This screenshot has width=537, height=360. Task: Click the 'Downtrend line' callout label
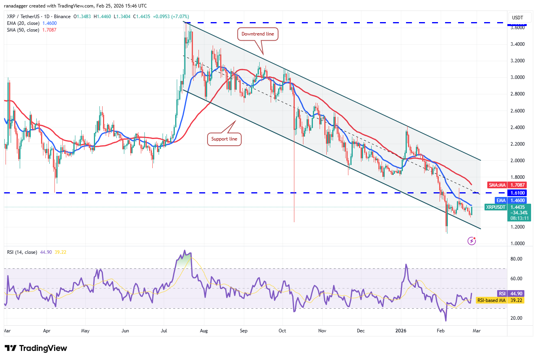pyautogui.click(x=258, y=34)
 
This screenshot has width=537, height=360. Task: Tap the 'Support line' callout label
pyautogui.click(x=224, y=139)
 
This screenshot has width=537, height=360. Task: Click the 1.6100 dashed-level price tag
pyautogui.click(x=518, y=193)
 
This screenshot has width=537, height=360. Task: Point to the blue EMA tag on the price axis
pyautogui.click(x=501, y=201)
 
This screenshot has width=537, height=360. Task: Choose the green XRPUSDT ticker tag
pyautogui.click(x=496, y=207)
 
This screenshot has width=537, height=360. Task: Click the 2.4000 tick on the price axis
pyautogui.click(x=517, y=127)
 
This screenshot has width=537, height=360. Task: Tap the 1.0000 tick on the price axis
pyautogui.click(x=517, y=244)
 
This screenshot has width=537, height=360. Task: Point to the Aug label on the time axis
pyautogui.click(x=204, y=331)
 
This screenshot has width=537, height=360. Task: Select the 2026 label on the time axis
pyautogui.click(x=401, y=331)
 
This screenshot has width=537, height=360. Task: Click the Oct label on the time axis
pyautogui.click(x=282, y=331)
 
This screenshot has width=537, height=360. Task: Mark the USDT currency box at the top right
pyautogui.click(x=517, y=17)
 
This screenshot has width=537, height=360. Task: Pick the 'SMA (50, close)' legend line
pyautogui.click(x=23, y=30)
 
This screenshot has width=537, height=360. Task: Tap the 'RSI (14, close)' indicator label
pyautogui.click(x=22, y=252)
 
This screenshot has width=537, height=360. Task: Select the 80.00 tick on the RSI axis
pyautogui.click(x=516, y=259)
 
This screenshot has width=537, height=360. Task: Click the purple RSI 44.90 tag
pyautogui.click(x=502, y=294)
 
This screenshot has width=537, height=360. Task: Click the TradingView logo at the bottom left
pyautogui.click(x=36, y=348)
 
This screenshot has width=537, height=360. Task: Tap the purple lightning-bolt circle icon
pyautogui.click(x=472, y=241)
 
